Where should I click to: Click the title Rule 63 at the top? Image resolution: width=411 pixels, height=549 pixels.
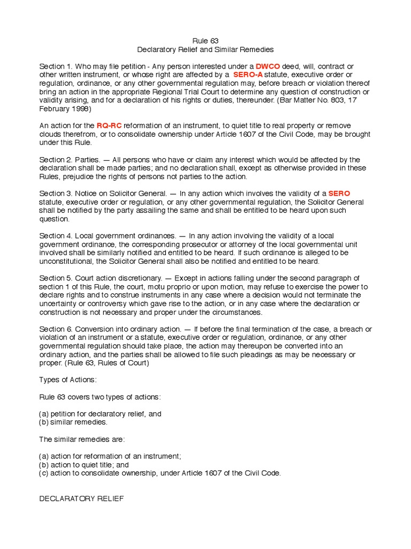(x=205, y=41)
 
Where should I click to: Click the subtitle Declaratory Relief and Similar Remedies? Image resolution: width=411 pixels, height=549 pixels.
(x=205, y=49)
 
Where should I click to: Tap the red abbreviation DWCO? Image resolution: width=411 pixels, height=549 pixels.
(x=267, y=66)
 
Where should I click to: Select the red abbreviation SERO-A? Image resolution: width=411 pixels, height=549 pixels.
(x=248, y=75)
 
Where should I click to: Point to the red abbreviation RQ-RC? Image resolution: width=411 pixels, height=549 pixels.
(x=109, y=125)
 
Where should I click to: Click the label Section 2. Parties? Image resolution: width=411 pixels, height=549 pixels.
(x=68, y=159)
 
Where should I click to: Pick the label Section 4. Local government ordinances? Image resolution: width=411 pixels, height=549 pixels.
(x=108, y=235)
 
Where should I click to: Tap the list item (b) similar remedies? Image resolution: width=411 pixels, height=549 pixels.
(x=73, y=422)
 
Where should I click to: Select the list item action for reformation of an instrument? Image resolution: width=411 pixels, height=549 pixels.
(x=110, y=456)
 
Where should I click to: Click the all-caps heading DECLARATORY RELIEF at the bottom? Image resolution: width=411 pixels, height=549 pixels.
(x=81, y=499)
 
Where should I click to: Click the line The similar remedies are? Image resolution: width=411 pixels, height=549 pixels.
(x=82, y=439)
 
